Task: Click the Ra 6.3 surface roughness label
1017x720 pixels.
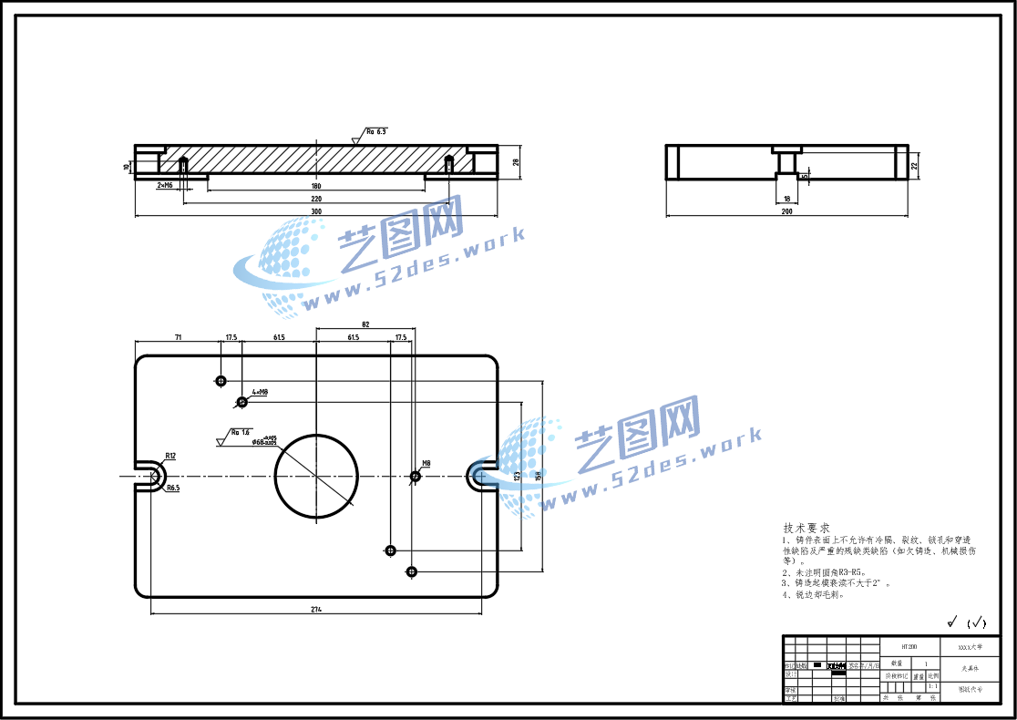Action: (x=376, y=131)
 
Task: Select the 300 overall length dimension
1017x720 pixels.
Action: (x=316, y=211)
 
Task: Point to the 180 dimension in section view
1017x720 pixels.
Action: (x=316, y=186)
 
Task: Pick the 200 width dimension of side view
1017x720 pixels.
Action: (x=786, y=211)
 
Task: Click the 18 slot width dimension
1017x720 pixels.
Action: (x=786, y=198)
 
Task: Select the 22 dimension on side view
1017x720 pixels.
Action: (x=914, y=165)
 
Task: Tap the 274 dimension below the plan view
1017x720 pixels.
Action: (x=316, y=608)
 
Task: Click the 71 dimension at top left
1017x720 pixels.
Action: (x=179, y=337)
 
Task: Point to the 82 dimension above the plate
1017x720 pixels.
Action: (x=365, y=324)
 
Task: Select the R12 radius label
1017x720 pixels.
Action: (x=170, y=455)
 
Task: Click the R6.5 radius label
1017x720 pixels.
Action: (x=172, y=489)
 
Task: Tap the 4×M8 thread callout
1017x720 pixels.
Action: (x=260, y=393)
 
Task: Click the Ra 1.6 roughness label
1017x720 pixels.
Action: (x=241, y=432)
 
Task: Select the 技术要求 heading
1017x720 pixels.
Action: (x=806, y=528)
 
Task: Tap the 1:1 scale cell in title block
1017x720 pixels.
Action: (x=932, y=686)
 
